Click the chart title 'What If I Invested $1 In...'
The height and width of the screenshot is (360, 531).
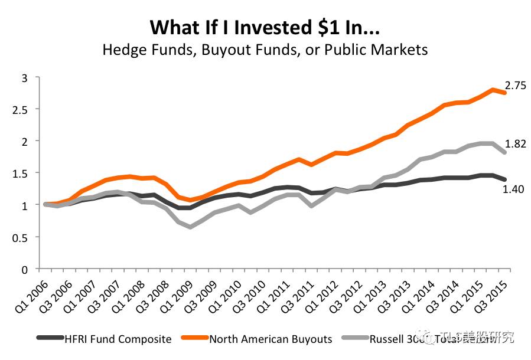tap(265, 27)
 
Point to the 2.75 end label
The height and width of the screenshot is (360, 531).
tap(515, 85)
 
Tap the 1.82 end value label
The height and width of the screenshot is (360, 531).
tap(515, 143)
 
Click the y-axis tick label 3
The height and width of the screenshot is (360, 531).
tap(24, 77)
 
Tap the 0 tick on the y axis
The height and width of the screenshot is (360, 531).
tap(24, 269)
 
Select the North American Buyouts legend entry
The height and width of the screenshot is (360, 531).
tap(271, 339)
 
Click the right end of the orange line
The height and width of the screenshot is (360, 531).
tap(504, 93)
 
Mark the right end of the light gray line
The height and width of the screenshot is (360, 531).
tap(504, 152)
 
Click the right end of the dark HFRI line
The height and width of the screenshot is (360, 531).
tap(504, 179)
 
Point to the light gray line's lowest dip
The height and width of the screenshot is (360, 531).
tap(190, 227)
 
